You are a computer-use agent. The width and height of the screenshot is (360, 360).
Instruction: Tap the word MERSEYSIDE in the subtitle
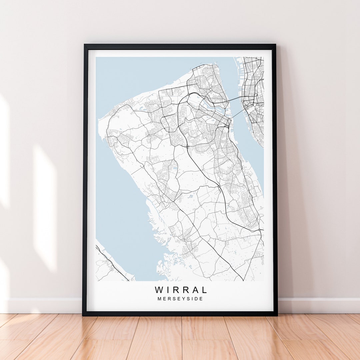coord(180,299)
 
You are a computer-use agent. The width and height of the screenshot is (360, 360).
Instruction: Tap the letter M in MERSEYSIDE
coord(159,299)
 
